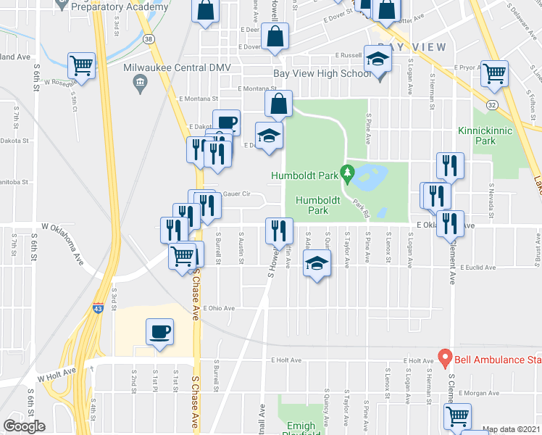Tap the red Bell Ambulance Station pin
(445, 358)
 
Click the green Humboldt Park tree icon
(348, 175)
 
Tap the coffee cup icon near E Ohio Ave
(159, 332)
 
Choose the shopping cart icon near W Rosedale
(81, 65)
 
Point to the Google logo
(24, 426)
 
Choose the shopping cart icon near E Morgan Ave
(457, 417)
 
